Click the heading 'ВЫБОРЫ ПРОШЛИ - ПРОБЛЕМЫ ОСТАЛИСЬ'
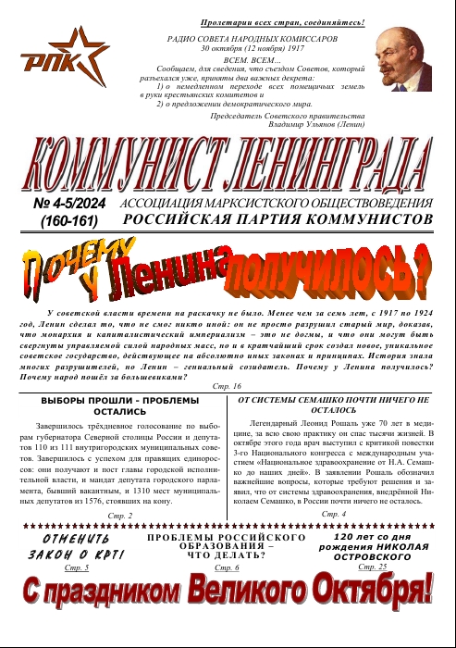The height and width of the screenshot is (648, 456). click(x=120, y=406)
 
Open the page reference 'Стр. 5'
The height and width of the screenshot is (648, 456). click(x=77, y=567)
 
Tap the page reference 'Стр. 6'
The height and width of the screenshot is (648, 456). click(x=227, y=567)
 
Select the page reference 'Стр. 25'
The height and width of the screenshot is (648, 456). click(x=376, y=567)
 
